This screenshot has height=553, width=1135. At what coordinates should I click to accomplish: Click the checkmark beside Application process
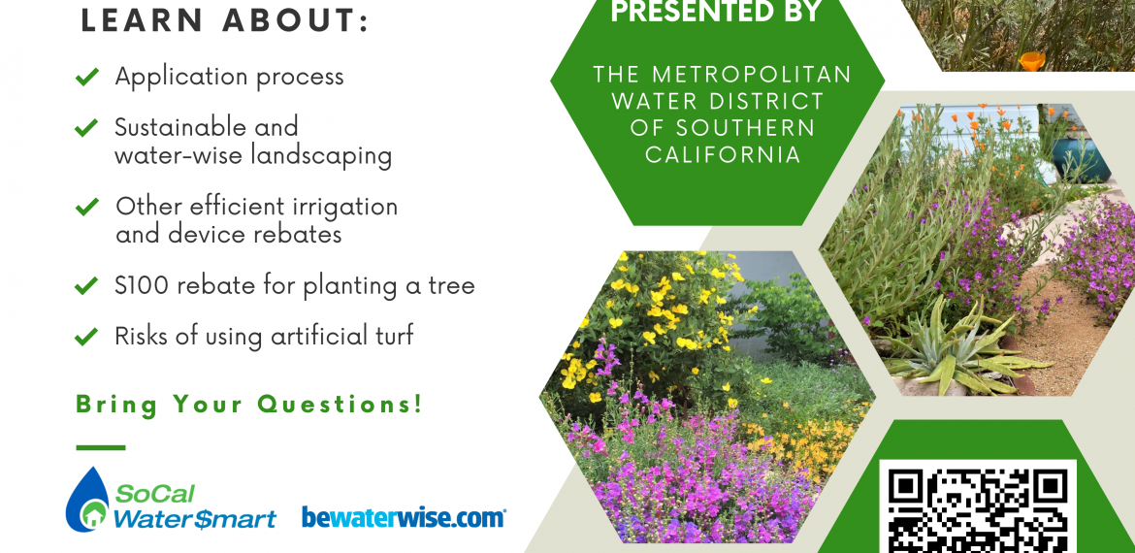click(87, 77)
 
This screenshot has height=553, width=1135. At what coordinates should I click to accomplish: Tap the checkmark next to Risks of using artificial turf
click(87, 337)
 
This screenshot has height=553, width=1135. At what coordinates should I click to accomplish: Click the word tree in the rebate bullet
click(449, 286)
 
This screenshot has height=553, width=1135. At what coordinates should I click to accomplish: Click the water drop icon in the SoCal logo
click(87, 500)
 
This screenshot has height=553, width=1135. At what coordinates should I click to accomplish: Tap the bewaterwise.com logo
click(404, 517)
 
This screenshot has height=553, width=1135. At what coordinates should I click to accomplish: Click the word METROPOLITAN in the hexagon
click(753, 74)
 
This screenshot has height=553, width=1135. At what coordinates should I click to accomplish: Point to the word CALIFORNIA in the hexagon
click(723, 155)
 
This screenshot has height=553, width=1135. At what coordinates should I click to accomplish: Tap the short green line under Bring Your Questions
click(101, 447)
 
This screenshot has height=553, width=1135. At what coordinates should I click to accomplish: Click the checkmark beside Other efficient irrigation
click(87, 207)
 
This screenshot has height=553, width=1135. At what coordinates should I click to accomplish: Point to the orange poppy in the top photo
click(1032, 61)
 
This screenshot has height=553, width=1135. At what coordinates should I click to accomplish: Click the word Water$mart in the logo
click(195, 518)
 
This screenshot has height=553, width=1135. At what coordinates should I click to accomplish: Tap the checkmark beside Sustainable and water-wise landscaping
click(87, 128)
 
